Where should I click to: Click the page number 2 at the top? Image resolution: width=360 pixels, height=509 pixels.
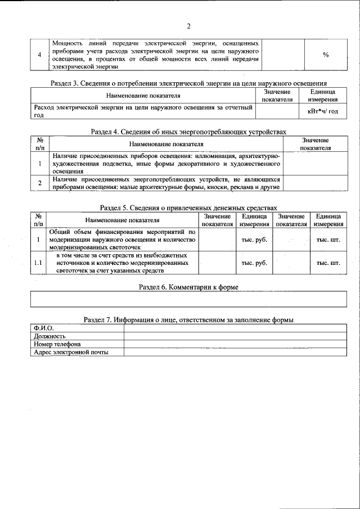tap(189, 26)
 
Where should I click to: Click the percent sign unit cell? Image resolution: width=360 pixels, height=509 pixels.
tap(326, 55)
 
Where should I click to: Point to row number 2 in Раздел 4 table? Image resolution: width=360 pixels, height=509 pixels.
tap(40, 183)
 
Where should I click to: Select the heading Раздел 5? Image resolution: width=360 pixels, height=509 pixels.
tap(188, 208)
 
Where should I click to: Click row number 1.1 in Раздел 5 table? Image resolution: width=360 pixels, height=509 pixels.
tap(38, 263)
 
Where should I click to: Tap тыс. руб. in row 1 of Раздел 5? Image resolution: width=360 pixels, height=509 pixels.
tap(254, 240)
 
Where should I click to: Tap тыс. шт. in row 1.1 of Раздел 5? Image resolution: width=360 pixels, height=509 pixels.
tap(328, 263)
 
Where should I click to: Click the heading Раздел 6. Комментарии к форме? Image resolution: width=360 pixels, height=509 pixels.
tap(188, 287)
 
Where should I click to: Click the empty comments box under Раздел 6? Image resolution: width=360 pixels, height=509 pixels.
tap(188, 299)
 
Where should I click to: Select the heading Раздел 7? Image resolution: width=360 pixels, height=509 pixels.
tap(188, 319)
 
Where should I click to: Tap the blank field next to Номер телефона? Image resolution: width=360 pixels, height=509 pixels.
tap(235, 344)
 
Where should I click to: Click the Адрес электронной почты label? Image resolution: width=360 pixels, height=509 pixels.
tap(71, 352)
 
